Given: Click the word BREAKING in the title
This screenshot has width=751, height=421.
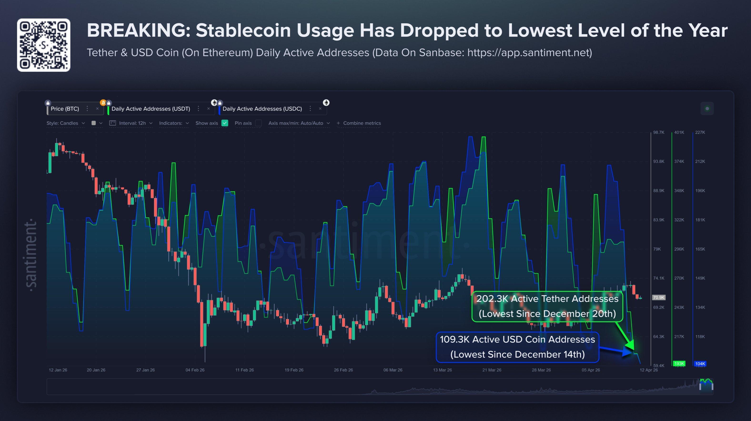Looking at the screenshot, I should (x=138, y=30).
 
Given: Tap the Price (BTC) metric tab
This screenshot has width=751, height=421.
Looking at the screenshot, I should (x=65, y=109).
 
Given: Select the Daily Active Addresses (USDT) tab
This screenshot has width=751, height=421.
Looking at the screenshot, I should (x=151, y=109).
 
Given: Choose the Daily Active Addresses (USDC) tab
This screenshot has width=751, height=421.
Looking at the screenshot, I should (x=262, y=109).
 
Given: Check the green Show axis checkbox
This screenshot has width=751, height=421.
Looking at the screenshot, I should (x=224, y=123).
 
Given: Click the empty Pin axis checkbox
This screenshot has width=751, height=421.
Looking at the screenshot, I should (x=258, y=123).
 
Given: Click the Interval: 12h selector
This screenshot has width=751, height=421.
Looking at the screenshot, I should (x=132, y=123).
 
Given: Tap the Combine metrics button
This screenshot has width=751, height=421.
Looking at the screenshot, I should (x=359, y=123).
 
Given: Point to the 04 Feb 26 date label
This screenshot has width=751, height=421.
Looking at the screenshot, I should (x=195, y=370).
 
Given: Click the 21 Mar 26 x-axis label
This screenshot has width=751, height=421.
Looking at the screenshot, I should (x=492, y=370).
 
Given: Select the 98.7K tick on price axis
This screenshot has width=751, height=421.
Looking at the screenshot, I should (x=659, y=132).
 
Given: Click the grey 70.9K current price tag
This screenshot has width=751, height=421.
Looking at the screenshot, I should (x=659, y=298).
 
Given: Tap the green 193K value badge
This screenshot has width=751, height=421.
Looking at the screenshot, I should (x=679, y=364).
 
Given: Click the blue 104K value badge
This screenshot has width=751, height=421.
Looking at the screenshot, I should (x=700, y=364).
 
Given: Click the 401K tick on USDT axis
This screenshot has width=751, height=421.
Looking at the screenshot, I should (x=679, y=132).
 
